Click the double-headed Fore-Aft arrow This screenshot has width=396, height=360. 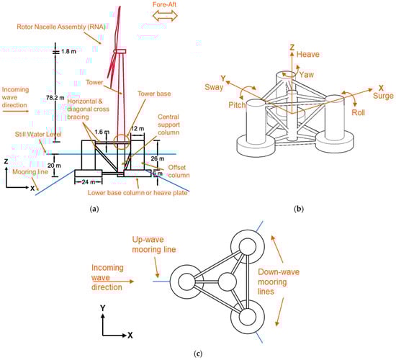coord(165,15)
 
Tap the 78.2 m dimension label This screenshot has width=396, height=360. coord(55,98)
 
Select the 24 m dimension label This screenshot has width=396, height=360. coord(89,182)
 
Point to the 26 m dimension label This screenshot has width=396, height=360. coord(158,158)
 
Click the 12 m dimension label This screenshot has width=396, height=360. coord(138,129)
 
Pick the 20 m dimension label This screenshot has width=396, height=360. coord(54,166)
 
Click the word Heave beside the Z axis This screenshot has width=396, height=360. coord(308,54)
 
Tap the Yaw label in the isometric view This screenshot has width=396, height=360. coord(306,75)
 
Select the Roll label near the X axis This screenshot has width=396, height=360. coord(359,112)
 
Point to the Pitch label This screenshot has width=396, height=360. coord(237,105)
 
